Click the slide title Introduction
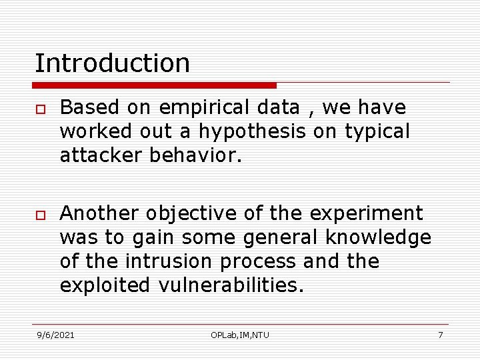112,63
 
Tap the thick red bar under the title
154,85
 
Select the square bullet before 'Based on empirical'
39,109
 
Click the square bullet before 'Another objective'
39,215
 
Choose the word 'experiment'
366,213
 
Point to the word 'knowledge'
378,238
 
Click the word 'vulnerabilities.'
231,285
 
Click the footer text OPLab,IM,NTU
240,335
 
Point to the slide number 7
440,335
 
